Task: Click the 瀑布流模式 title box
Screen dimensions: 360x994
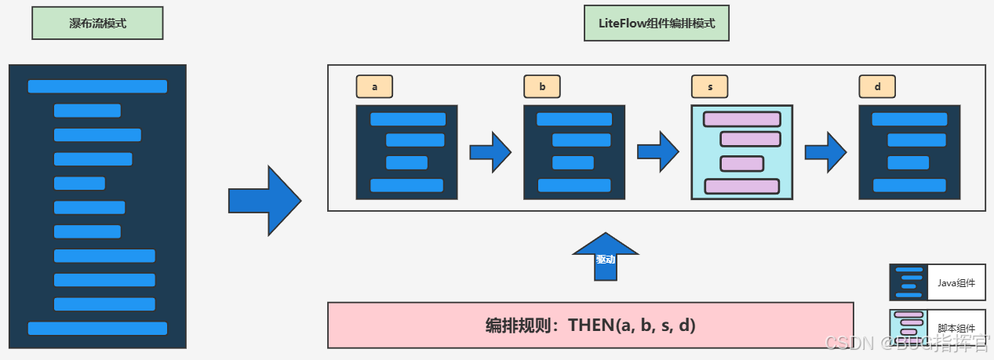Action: tap(97, 24)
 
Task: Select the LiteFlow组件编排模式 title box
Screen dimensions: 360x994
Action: tap(657, 24)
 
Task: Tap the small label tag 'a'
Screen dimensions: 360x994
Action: tap(374, 87)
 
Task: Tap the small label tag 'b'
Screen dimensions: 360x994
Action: tap(542, 87)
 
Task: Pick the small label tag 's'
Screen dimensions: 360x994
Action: tap(709, 87)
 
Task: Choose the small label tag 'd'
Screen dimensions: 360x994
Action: tap(877, 87)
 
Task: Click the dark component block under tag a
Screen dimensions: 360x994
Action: tap(406, 152)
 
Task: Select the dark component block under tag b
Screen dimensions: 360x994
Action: tap(574, 152)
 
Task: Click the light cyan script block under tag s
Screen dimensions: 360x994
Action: tap(741, 152)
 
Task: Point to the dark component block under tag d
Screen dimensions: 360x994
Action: tap(909, 152)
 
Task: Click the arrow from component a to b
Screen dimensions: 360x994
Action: tap(491, 152)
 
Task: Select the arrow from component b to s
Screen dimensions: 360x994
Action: tap(658, 152)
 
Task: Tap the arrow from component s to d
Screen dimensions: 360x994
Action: tap(826, 152)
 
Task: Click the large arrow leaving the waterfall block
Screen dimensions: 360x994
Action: tap(265, 201)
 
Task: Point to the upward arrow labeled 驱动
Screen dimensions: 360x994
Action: tap(606, 257)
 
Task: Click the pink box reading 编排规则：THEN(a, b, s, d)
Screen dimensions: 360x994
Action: tap(590, 325)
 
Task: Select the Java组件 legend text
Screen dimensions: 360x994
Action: tap(956, 283)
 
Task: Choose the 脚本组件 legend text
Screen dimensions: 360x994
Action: tap(956, 328)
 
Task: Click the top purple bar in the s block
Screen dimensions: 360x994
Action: tap(741, 119)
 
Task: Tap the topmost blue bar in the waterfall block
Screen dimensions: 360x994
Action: tap(97, 86)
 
